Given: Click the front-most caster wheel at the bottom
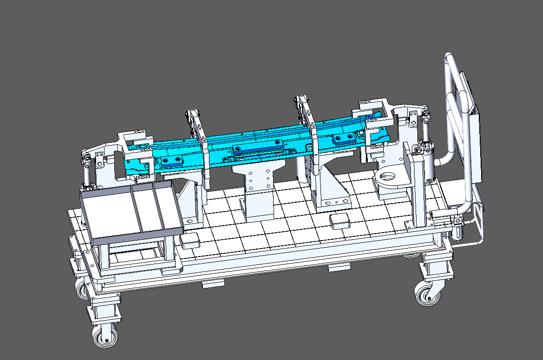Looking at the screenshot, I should [x=105, y=337].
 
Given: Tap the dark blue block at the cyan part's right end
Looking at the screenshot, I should [x=344, y=138].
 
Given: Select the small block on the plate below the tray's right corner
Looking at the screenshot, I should [x=190, y=241].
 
